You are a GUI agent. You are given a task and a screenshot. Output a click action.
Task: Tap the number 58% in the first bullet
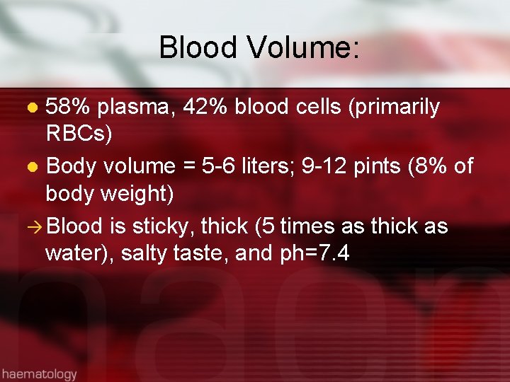(68, 107)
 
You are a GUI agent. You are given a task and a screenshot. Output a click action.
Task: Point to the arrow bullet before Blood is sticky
(34, 226)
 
